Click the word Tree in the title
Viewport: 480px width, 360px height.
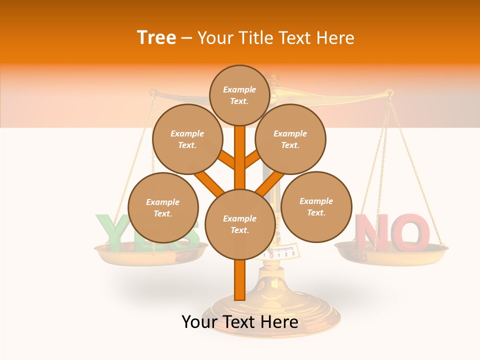[x=156, y=38]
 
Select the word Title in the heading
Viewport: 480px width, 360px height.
[x=256, y=38]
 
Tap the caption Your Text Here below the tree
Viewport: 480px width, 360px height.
[x=240, y=322]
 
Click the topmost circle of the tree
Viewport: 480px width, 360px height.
[x=239, y=95]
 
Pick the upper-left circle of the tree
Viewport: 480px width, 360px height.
[x=187, y=139]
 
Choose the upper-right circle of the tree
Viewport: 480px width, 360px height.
[x=290, y=139]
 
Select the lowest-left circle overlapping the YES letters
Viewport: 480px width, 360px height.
[x=163, y=207]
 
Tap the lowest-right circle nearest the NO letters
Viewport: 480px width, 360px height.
[x=316, y=206]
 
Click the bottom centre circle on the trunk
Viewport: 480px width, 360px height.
[x=240, y=224]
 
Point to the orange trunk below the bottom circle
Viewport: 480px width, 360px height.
[x=240, y=280]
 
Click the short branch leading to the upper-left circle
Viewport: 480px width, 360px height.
[x=226, y=160]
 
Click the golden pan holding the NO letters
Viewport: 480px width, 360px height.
[x=391, y=252]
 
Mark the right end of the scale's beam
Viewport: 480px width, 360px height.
[x=389, y=92]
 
